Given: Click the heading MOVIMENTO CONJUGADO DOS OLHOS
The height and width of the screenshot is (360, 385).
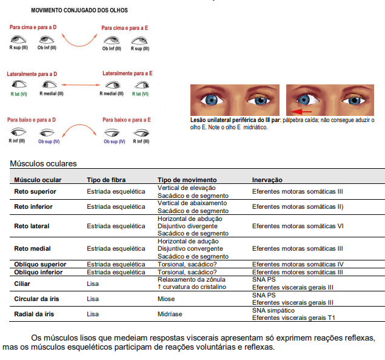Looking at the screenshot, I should pos(79,11).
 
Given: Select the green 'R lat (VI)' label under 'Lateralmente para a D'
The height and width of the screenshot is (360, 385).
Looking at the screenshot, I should pos(19,94).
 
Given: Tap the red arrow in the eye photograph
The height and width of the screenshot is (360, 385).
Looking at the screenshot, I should pos(301,112).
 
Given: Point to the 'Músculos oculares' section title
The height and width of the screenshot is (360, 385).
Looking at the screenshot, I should pos(43,163).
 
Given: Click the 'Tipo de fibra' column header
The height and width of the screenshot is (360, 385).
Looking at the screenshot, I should pos(106,180).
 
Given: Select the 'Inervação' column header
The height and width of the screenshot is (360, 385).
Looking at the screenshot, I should pos(267,180).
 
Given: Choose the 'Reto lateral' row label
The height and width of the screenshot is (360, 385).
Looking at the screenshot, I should pos(32,226).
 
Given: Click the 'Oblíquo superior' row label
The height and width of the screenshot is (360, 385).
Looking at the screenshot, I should pos(40,264).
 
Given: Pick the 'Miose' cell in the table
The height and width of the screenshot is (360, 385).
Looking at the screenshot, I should pos(166,299).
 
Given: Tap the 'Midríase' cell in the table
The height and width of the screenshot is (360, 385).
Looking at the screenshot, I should pos(170,314).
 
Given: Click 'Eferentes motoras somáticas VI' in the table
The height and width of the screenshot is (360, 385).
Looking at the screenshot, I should pos(298,226).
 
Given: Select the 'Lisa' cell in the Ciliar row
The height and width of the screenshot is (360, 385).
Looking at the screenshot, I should pos(93,284).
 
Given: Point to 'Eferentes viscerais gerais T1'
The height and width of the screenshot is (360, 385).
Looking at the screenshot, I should pos(293,318).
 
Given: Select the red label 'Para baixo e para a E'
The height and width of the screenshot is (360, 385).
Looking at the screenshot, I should pos(127,120).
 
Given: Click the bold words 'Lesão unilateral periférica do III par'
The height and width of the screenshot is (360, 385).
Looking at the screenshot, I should pos(234,120).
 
